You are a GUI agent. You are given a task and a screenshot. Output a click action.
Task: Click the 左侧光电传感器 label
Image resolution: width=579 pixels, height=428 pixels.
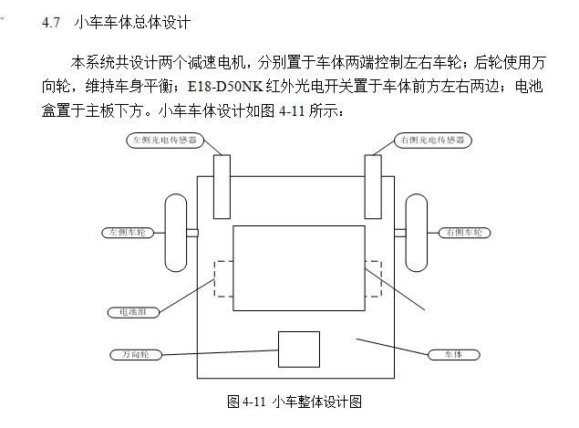(163, 141)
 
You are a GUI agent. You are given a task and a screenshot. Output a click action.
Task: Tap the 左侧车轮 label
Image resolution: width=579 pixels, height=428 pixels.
(127, 233)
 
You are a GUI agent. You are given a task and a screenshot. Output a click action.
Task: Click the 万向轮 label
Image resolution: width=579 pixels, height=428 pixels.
(134, 352)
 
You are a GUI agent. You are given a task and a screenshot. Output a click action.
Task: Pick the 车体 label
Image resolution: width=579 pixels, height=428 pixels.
(453, 353)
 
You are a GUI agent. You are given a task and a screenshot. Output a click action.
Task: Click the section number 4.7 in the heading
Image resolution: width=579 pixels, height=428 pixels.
(51, 21)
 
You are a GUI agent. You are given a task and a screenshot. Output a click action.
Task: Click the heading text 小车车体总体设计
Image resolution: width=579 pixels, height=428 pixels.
(132, 21)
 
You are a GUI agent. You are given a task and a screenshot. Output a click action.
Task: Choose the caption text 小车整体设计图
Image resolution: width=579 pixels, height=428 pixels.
(318, 402)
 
